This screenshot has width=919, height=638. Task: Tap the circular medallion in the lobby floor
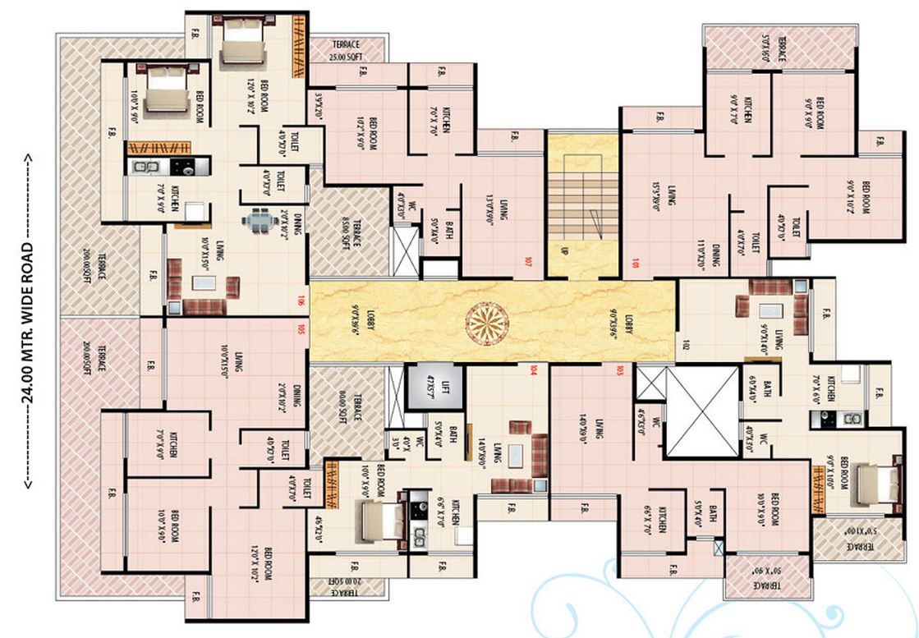click(490, 323)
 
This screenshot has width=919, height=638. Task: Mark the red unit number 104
click(534, 368)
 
